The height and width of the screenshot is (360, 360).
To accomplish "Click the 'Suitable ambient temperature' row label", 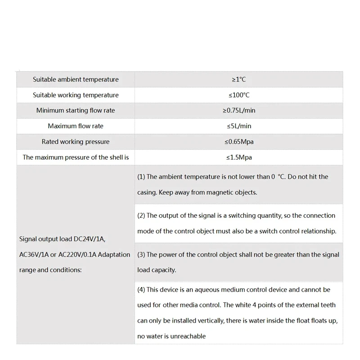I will pyautogui.click(x=76, y=80).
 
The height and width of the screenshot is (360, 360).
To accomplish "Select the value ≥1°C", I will pyautogui.click(x=238, y=80).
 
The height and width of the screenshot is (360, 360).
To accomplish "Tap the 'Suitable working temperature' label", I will pyautogui.click(x=76, y=95).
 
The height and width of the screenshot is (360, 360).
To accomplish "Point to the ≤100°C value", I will pyautogui.click(x=238, y=95).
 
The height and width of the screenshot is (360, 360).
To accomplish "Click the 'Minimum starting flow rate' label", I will pyautogui.click(x=76, y=111).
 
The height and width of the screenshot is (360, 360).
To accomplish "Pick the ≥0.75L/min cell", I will pyautogui.click(x=238, y=111).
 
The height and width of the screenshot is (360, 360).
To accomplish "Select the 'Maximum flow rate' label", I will pyautogui.click(x=76, y=126).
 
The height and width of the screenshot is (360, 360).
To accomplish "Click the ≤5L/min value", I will pyautogui.click(x=238, y=126).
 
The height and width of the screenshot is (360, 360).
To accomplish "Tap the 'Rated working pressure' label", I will pyautogui.click(x=76, y=142).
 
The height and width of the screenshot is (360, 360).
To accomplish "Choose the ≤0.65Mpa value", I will pyautogui.click(x=238, y=142).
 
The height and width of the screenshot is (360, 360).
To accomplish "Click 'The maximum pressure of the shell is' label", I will pyautogui.click(x=76, y=157).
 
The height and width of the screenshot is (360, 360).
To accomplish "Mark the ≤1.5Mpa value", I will pyautogui.click(x=238, y=157).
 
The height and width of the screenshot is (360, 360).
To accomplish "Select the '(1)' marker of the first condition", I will pyautogui.click(x=141, y=177).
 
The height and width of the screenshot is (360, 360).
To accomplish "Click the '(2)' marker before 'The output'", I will pyautogui.click(x=141, y=216).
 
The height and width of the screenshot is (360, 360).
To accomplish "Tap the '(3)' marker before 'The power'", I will pyautogui.click(x=141, y=255).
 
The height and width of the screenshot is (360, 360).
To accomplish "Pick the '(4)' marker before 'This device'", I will pyautogui.click(x=141, y=289).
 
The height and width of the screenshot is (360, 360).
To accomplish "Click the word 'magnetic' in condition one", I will pyautogui.click(x=220, y=193).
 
